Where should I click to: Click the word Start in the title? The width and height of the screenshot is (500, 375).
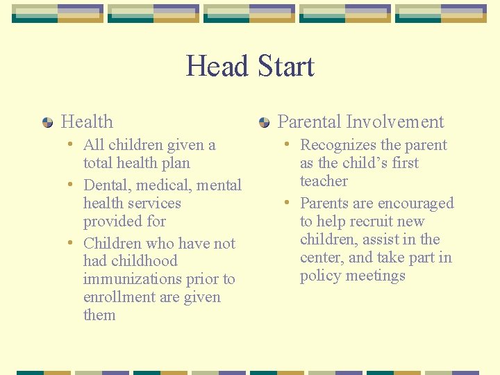point(285,67)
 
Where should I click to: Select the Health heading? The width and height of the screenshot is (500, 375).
point(87,122)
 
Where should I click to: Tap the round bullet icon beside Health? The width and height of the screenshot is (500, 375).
point(48,123)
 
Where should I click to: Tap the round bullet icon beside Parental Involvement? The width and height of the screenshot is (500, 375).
point(265,123)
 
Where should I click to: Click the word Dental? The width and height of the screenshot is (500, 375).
point(108,185)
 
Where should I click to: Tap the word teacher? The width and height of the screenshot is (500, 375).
point(324,181)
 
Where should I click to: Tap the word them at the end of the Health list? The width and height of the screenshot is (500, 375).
point(99,315)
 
